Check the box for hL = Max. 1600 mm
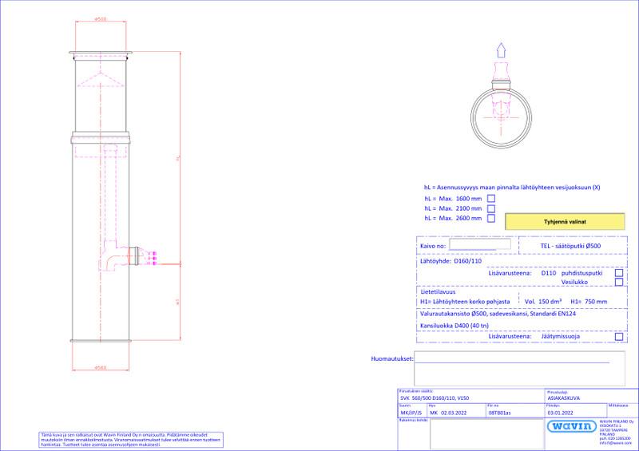tap(491, 198)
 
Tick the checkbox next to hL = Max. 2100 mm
tap(491, 208)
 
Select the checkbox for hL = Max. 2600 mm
tap(491, 217)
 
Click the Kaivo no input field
tap(478, 248)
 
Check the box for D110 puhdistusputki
tap(619, 273)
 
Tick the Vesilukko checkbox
tap(619, 282)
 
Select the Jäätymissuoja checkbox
tap(619, 338)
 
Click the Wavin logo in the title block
tap(570, 425)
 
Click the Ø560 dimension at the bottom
tap(101, 366)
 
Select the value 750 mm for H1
tap(596, 302)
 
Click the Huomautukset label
tap(391, 359)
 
